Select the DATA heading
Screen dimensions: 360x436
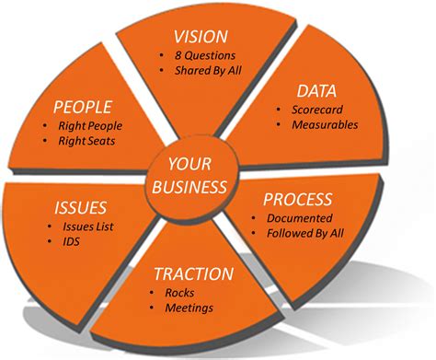point(315,90)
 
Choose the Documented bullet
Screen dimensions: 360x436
point(301,218)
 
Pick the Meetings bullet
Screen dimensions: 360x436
point(189,308)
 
